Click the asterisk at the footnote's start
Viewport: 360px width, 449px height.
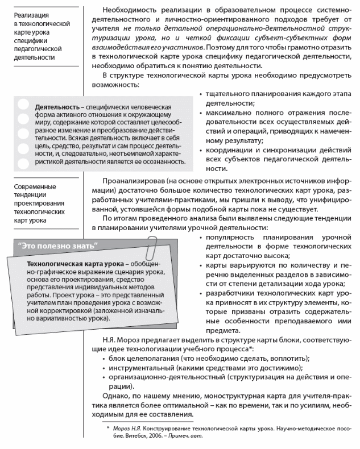[108, 427]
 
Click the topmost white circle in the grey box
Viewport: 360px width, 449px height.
[23, 105]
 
